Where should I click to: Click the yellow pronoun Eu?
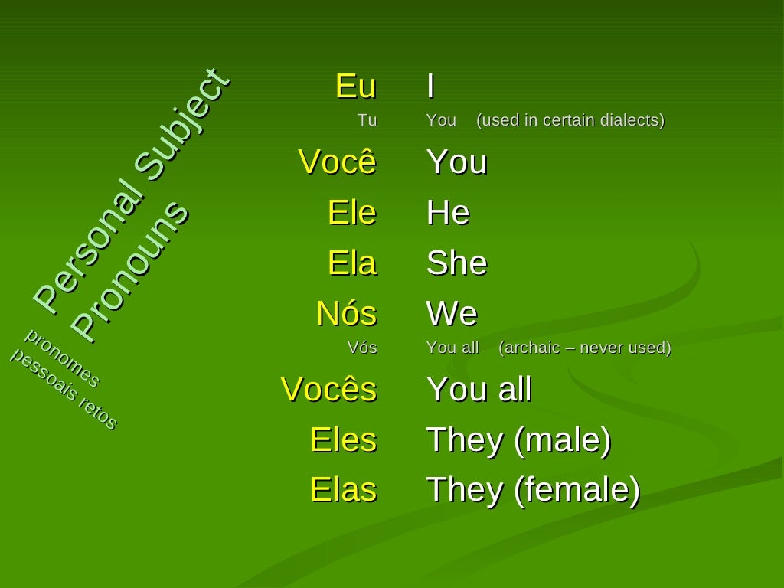356,87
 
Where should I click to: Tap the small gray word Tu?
367,120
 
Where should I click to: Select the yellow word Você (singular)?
337,162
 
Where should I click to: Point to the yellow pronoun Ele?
351,212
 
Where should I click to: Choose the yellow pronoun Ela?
351,263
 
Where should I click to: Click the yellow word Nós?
346,314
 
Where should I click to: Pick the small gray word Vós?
362,348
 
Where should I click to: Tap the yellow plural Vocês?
328,389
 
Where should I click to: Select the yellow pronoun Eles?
343,440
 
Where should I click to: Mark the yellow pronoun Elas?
343,490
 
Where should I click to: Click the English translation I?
431,87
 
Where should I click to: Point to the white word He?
448,212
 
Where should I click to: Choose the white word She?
456,263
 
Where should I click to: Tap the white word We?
452,314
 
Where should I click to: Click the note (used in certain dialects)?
570,120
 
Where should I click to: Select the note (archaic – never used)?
585,348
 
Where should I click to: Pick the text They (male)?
518,440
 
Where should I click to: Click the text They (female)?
533,490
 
